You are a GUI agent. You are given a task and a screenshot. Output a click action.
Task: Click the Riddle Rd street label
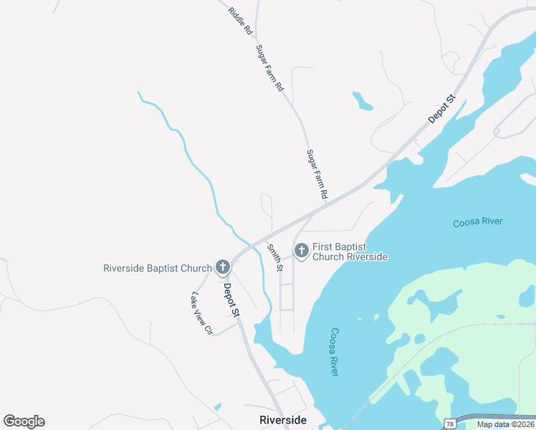[241, 21]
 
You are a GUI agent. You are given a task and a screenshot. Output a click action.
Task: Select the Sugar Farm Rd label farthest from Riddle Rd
[317, 174]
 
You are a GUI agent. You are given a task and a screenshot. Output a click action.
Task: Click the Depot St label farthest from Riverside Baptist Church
[442, 108]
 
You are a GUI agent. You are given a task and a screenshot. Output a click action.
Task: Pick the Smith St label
[275, 257]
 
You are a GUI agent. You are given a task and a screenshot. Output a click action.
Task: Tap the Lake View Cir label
[201, 313]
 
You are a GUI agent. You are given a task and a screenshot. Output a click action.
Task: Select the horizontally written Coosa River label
[478, 223]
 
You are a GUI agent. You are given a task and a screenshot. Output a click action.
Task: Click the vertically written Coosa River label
[335, 352]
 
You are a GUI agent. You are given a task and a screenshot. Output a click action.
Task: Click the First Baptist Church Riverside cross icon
[302, 251]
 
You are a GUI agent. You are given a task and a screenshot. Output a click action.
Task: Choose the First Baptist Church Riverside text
[350, 252]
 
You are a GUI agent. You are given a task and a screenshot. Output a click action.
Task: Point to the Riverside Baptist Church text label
[158, 269]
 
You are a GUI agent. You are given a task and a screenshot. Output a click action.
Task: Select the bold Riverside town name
[283, 420]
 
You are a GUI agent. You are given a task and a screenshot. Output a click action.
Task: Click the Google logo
[24, 421]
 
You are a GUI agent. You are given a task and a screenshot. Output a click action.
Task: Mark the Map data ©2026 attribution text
[505, 424]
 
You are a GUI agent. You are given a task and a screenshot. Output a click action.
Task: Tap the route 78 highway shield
[448, 424]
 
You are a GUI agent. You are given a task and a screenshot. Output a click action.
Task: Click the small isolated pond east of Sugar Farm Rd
[363, 101]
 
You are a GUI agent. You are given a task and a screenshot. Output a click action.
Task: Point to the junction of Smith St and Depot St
[267, 237]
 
